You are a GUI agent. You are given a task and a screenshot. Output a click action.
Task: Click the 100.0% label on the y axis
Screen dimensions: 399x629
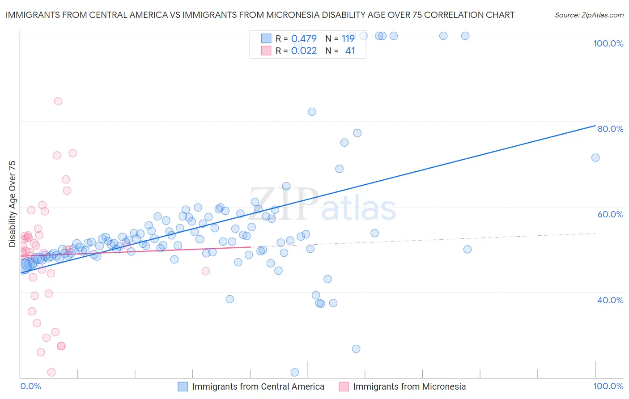coord(608,43)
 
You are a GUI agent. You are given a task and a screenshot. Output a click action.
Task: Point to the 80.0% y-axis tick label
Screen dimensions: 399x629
coord(610,129)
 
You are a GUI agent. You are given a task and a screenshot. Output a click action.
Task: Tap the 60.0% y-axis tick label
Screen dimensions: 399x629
coord(610,214)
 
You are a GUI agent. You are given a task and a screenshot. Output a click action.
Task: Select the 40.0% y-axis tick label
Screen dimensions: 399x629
coord(610,300)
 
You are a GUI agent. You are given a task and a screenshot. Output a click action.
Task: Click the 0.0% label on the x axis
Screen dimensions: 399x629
coord(30,386)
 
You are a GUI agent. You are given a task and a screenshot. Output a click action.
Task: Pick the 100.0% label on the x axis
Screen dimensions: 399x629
coord(608,386)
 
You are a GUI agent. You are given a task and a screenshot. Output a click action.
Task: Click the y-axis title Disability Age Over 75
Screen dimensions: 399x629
coord(13,204)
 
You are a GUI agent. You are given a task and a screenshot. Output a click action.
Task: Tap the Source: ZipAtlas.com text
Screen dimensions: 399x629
coord(589,15)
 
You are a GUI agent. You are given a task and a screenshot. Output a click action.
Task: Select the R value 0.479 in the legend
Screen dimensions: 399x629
coord(304,39)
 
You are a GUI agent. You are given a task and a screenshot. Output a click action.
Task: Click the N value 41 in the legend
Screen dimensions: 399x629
coord(350,51)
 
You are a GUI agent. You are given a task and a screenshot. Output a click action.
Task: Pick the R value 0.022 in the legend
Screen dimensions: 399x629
coord(304,51)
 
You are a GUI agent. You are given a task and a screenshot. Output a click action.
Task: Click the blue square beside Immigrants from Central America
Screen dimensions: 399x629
coord(183,386)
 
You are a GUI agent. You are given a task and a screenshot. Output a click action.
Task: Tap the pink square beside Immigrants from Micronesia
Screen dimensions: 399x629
coord(344,386)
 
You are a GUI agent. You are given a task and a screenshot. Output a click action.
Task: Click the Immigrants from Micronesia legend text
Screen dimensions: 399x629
coord(409,386)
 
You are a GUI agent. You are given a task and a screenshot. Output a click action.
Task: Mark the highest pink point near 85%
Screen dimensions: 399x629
coord(58,101)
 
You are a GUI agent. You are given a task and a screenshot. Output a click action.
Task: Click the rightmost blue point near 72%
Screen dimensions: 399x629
coord(595,157)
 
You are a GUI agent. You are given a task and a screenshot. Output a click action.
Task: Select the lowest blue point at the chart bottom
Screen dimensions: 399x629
coord(294,373)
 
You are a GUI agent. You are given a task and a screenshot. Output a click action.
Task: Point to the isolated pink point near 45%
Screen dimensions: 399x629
coord(206,271)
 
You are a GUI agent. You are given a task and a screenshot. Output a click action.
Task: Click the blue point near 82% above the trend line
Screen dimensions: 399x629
coord(312,112)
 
